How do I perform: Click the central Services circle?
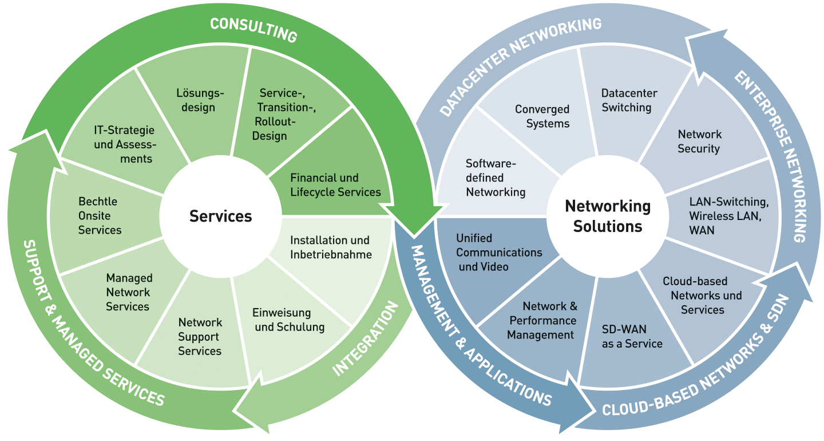pyautogui.click(x=220, y=216)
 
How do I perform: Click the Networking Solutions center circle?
pyautogui.click(x=608, y=216)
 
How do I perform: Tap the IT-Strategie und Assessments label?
pyautogui.click(x=125, y=144)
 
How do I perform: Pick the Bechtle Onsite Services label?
pyautogui.click(x=100, y=216)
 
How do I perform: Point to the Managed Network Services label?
pyautogui.click(x=128, y=292)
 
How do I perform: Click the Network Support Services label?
pyautogui.click(x=200, y=337)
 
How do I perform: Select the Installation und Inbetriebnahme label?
pyautogui.click(x=331, y=247)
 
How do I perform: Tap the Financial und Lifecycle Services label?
pyautogui.click(x=335, y=185)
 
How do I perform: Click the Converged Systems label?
pyautogui.click(x=542, y=116)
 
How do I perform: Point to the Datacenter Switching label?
pyautogui.click(x=629, y=100)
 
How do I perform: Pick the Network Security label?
pyautogui.click(x=699, y=141)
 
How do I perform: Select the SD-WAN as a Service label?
pyautogui.click(x=632, y=337)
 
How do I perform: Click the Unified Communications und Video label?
pyautogui.click(x=498, y=253)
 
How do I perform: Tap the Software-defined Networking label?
pyautogui.click(x=495, y=178)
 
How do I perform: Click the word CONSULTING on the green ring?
pyautogui.click(x=253, y=30)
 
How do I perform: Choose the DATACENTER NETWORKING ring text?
pyautogui.click(x=521, y=66)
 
